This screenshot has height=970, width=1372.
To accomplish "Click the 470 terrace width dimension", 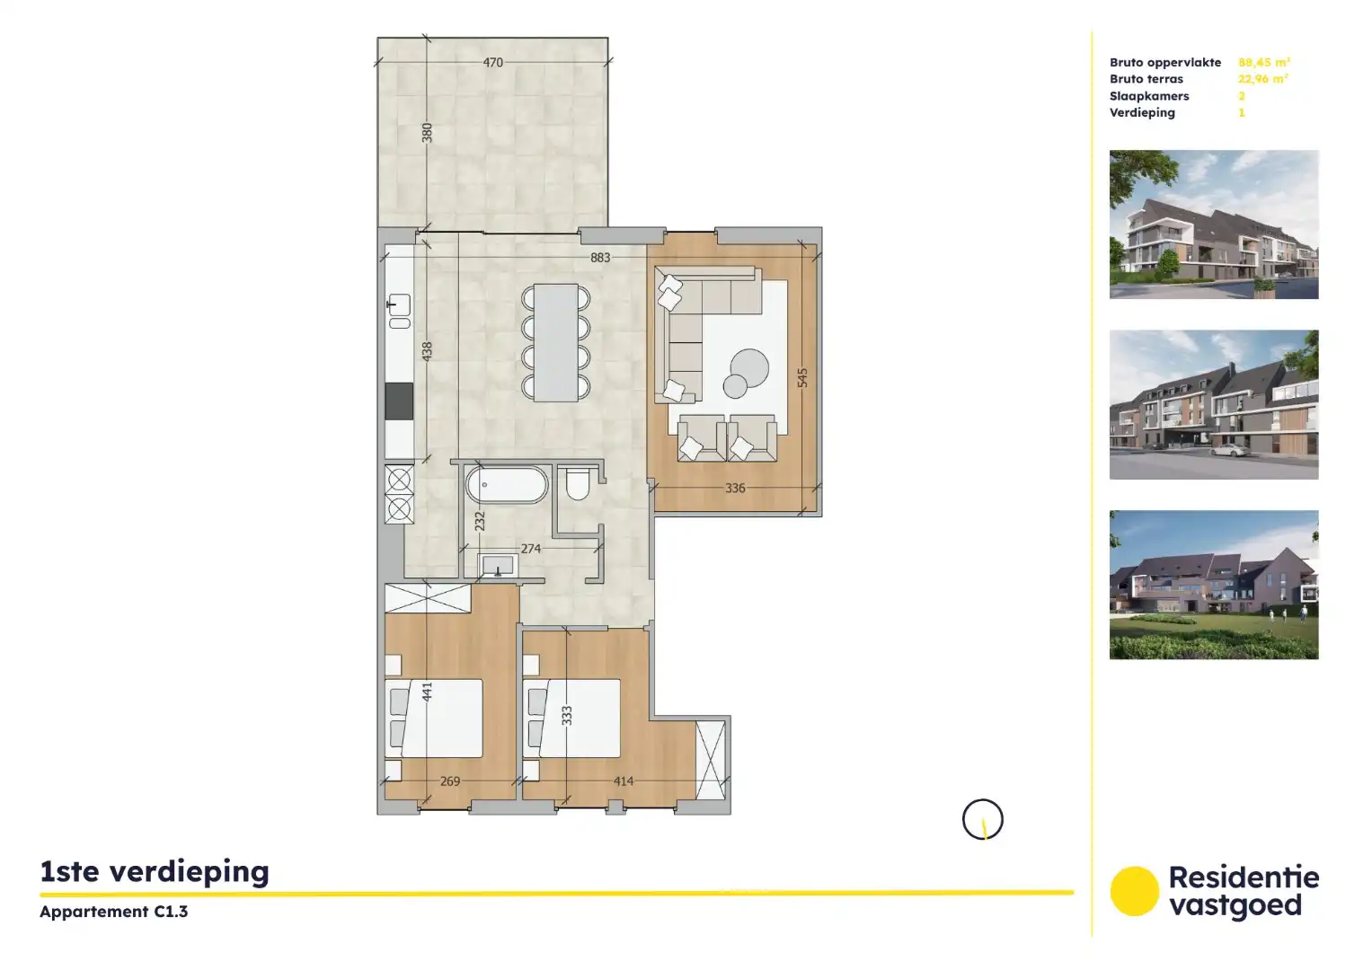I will [x=492, y=63].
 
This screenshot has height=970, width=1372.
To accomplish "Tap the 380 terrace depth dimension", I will [x=428, y=133].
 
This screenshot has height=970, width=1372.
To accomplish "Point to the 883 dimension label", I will [x=600, y=258].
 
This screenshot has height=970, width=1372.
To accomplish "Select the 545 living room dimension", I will [x=802, y=378].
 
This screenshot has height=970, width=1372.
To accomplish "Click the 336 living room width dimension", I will [x=735, y=489].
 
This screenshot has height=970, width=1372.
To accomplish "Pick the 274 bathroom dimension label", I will [x=531, y=549].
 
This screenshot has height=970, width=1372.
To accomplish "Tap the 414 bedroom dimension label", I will [x=624, y=781].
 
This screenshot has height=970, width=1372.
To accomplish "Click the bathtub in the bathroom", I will [x=507, y=485].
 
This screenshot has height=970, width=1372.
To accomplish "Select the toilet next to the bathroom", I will [x=578, y=484].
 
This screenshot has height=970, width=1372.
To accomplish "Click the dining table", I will [x=556, y=342].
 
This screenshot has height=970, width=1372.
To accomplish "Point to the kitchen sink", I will [x=399, y=305].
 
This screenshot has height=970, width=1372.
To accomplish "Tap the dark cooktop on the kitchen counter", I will [x=399, y=401].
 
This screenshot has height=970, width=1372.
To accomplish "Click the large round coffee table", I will [x=749, y=366].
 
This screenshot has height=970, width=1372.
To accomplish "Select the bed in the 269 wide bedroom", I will [x=435, y=719].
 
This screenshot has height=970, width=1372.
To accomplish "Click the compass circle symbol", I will [x=982, y=820].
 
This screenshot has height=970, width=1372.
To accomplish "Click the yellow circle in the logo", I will [x=1134, y=891].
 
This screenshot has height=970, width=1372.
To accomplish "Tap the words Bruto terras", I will [x=1146, y=79].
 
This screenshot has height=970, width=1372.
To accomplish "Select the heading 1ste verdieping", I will [x=155, y=872].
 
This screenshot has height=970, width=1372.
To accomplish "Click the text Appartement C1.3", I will [x=114, y=912].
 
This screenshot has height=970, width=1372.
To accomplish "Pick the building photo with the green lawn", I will [x=1214, y=585].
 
